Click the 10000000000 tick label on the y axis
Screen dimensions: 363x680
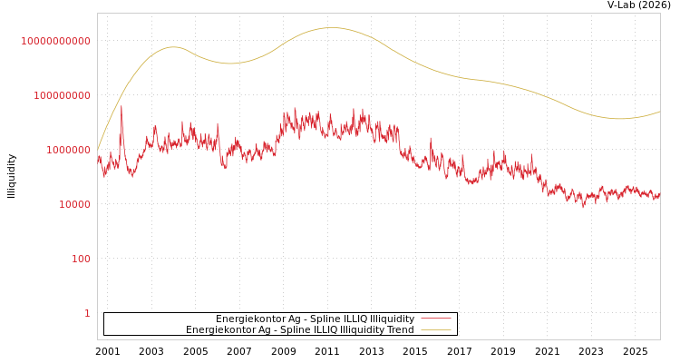pos(55,41)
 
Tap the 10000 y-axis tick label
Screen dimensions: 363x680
pos(74,204)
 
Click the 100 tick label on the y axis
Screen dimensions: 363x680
pos(80,259)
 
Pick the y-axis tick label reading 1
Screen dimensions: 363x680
pos(87,313)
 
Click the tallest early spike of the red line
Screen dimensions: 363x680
pos(121,107)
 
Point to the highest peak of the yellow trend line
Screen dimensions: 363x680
pos(331,28)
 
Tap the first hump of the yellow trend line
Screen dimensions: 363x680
pos(174,47)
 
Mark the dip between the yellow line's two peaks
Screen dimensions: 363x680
pos(230,64)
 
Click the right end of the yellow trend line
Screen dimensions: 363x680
pos(659,112)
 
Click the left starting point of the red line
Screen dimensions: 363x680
pos(98,158)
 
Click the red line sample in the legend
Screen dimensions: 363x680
pos(435,319)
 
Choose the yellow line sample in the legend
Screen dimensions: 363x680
pos(435,329)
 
